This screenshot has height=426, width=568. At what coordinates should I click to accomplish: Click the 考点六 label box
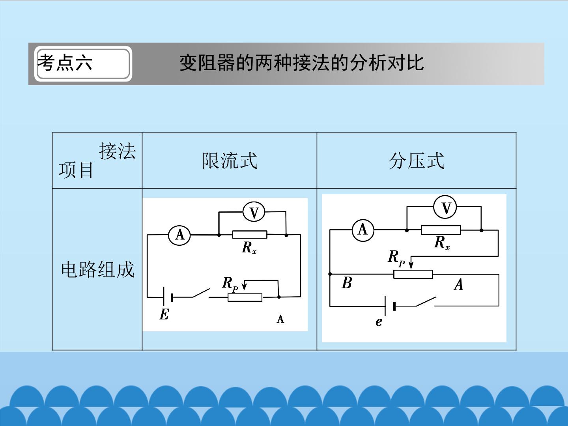[83, 64]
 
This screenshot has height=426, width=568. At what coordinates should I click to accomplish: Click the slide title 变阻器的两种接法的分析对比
[301, 63]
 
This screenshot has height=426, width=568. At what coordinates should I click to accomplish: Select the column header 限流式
[230, 161]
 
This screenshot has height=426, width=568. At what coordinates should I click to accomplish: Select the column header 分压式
[417, 161]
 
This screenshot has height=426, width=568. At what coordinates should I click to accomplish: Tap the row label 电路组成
[98, 269]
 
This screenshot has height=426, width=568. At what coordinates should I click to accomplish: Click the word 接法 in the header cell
[117, 151]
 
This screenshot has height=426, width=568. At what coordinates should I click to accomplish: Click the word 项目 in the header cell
[76, 170]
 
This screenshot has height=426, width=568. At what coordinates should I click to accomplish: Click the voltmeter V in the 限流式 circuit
[254, 212]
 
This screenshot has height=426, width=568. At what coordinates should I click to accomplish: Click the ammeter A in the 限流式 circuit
[179, 235]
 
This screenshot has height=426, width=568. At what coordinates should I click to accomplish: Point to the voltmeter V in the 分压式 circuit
[445, 207]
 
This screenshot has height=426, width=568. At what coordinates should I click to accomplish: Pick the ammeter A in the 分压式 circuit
[363, 230]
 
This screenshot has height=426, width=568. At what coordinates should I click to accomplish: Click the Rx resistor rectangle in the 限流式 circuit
[250, 235]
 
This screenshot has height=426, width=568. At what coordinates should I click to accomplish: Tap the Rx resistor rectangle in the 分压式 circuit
[441, 230]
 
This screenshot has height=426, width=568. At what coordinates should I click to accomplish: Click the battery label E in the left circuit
[164, 314]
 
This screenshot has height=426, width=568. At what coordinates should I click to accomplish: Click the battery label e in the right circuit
[379, 322]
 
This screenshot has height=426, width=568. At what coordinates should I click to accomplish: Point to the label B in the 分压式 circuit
[347, 283]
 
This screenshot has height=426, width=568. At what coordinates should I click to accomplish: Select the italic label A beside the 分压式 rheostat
[458, 284]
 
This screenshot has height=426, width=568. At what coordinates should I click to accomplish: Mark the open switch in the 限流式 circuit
[201, 293]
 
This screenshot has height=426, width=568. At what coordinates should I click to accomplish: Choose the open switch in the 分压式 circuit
[426, 302]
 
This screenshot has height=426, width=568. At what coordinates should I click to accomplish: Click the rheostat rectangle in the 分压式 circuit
[413, 274]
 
